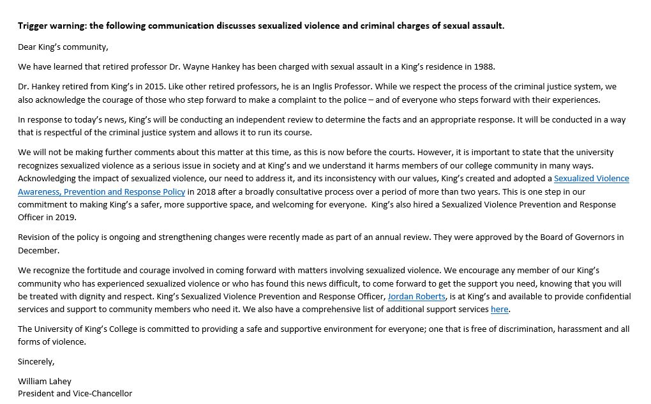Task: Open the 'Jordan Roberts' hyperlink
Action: coord(416,296)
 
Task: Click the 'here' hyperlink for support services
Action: coord(499,310)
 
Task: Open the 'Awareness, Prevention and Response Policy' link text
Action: coord(101,191)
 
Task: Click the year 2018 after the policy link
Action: coord(205,191)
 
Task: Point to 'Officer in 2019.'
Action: coord(47,218)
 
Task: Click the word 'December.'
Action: coord(38,250)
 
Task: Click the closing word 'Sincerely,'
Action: coord(36,362)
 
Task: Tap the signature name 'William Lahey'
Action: coord(45,381)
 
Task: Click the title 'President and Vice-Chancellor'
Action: coord(75,394)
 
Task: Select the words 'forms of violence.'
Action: coord(52,342)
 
